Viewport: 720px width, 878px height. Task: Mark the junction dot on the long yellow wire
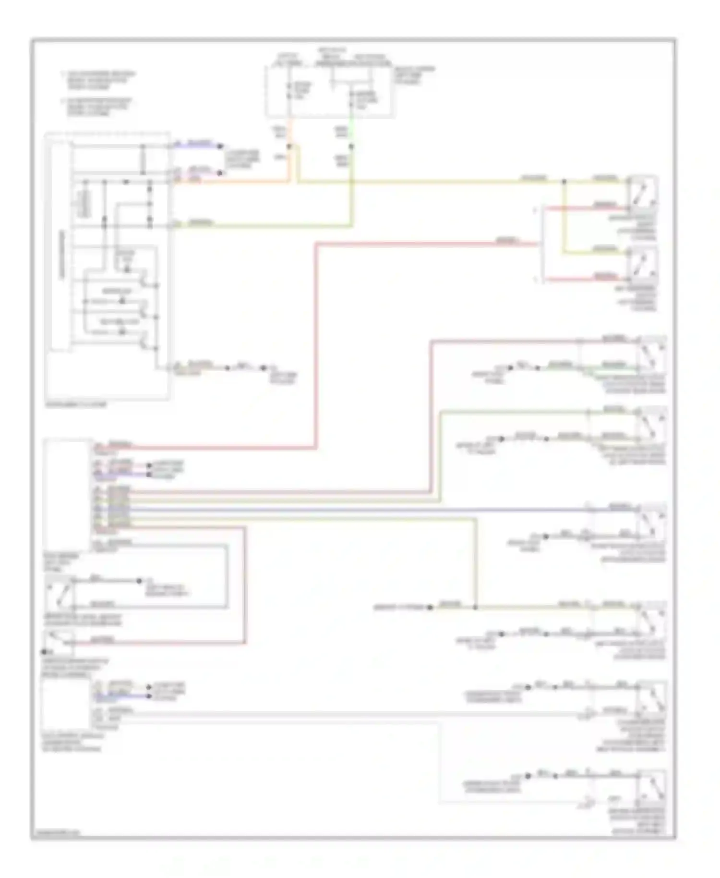point(564,182)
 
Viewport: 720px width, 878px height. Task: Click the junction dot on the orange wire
point(289,146)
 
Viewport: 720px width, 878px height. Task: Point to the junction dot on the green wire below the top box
point(351,146)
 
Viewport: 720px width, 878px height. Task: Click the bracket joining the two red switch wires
point(542,244)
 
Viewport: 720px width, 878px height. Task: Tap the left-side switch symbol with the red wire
point(59,641)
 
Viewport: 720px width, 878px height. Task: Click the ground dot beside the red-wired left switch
point(44,652)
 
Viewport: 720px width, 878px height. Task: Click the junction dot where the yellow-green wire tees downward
point(475,607)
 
